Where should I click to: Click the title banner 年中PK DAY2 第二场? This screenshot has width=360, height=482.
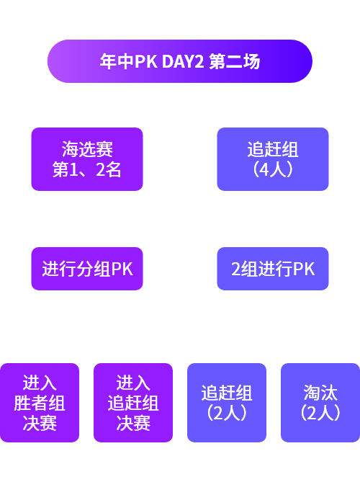point(180,61)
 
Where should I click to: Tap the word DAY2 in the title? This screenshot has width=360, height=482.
point(182,61)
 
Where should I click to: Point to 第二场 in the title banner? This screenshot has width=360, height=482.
point(235,61)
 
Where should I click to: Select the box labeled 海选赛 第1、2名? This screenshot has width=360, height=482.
point(87,159)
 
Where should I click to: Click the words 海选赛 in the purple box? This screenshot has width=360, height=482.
point(87,149)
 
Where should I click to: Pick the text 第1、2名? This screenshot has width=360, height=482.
point(87,169)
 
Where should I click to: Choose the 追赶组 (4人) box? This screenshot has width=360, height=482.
point(273,159)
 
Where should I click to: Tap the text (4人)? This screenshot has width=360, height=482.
point(273,169)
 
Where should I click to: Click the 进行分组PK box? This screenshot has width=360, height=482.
point(87,269)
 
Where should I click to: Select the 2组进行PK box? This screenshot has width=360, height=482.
point(273,269)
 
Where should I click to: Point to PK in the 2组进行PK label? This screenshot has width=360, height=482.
point(304,269)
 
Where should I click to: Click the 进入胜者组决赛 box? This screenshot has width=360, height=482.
point(40,403)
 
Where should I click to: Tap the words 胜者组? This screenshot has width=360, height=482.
point(40,403)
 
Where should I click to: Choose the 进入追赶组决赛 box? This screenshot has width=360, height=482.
point(133,403)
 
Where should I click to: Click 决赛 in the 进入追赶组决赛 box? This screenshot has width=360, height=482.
point(133,423)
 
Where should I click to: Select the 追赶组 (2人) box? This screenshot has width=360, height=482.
point(227,403)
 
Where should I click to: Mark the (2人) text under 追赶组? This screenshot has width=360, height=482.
point(227,413)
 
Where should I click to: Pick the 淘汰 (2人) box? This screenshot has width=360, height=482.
point(320,403)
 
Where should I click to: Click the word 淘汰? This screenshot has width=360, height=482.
point(320,393)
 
